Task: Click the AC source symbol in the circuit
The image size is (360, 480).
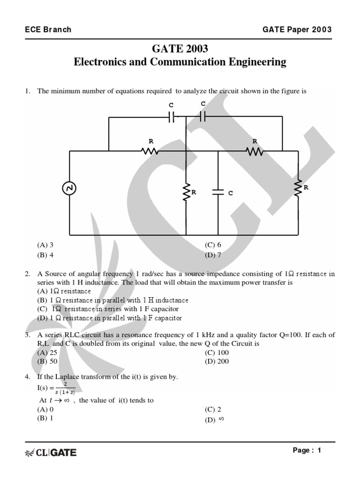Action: click(69, 188)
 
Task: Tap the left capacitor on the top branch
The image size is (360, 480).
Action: click(172, 117)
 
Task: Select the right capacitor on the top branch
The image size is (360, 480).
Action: click(202, 117)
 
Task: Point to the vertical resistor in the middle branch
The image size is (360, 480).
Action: click(186, 192)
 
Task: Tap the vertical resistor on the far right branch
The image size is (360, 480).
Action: click(298, 187)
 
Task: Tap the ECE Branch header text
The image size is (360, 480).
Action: click(48, 30)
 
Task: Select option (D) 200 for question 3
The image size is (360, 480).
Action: click(217, 361)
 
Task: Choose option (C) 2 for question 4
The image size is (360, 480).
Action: click(213, 409)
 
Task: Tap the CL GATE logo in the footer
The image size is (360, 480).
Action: click(50, 452)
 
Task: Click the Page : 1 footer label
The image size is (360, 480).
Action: click(307, 450)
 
